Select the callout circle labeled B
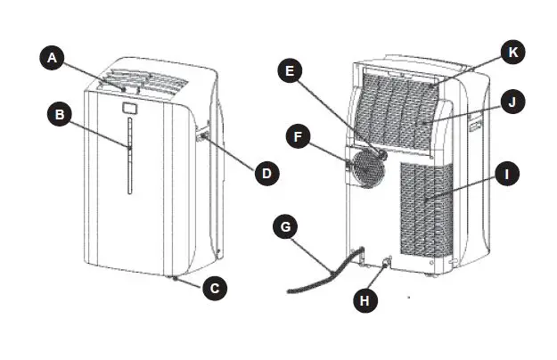point(61,115)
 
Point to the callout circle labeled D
point(265,171)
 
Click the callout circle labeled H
point(364,301)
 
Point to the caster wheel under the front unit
point(176,279)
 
